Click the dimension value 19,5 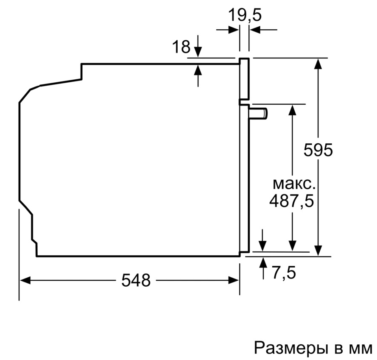point(245,15)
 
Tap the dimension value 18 point(181,47)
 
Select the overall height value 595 point(318,150)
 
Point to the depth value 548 point(136,280)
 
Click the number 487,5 point(292,201)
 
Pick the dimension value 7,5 point(284,273)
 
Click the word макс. point(293,184)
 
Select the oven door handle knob point(258,113)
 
